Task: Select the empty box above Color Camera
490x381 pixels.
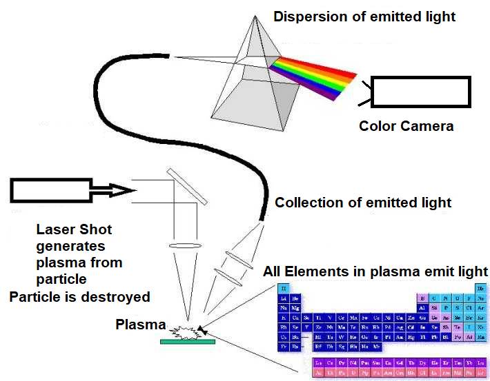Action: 421,92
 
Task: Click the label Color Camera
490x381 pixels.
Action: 406,127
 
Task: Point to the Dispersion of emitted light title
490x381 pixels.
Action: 364,16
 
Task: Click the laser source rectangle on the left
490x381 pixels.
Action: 51,190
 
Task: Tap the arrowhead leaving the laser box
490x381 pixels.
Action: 114,190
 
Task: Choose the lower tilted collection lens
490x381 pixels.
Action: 228,275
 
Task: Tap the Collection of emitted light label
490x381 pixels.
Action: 363,203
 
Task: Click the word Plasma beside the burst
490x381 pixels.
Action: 141,325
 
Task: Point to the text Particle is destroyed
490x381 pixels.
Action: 79,297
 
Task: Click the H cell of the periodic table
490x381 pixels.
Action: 284,287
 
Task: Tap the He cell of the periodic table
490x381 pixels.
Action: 482,287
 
